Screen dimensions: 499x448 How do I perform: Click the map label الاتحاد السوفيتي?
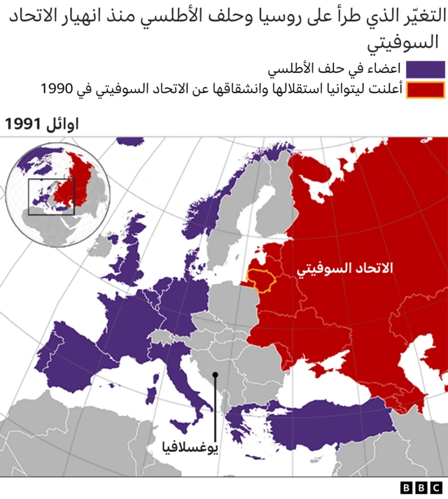pos(345,269)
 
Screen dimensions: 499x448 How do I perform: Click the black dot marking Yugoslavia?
pos(216,375)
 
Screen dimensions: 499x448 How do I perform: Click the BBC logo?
pos(421,488)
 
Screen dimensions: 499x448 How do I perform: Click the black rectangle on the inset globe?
pos(51,196)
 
